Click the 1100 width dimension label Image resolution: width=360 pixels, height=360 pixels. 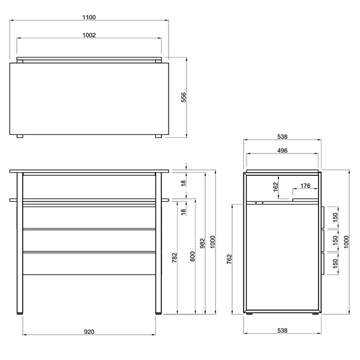[x=89, y=17]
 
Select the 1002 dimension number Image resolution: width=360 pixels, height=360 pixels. [x=89, y=35]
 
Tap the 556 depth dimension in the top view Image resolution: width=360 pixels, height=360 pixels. [x=184, y=97]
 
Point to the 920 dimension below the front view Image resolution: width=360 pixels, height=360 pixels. [x=89, y=332]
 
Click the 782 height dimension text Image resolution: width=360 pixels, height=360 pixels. [x=175, y=257]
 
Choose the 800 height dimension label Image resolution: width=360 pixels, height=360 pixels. [x=193, y=256]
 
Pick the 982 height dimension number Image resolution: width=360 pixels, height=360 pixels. [x=202, y=244]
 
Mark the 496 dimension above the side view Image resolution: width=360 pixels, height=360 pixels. [x=282, y=151]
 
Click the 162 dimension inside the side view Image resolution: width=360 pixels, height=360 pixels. [x=275, y=187]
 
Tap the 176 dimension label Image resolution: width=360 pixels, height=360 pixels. [x=305, y=186]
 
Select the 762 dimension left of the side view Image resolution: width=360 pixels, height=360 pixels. [x=229, y=259]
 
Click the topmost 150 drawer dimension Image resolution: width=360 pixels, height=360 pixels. [x=335, y=217]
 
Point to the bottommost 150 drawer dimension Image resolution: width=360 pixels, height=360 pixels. [x=335, y=263]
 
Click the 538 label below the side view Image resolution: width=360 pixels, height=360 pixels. [x=282, y=331]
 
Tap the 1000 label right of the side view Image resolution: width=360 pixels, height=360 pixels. [x=346, y=242]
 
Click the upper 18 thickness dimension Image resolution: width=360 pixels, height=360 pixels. [x=183, y=183]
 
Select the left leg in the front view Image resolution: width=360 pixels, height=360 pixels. [x=20, y=243]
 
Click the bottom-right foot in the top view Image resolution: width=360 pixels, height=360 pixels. [x=158, y=136]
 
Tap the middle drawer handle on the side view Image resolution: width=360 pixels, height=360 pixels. [x=323, y=240]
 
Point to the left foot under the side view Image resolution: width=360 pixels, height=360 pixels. [x=248, y=313]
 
